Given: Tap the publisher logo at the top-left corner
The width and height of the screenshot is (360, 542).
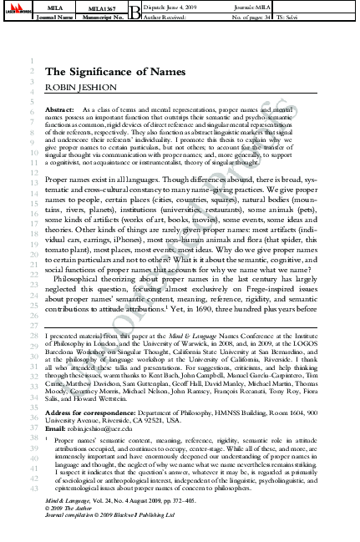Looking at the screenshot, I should [16, 11].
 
